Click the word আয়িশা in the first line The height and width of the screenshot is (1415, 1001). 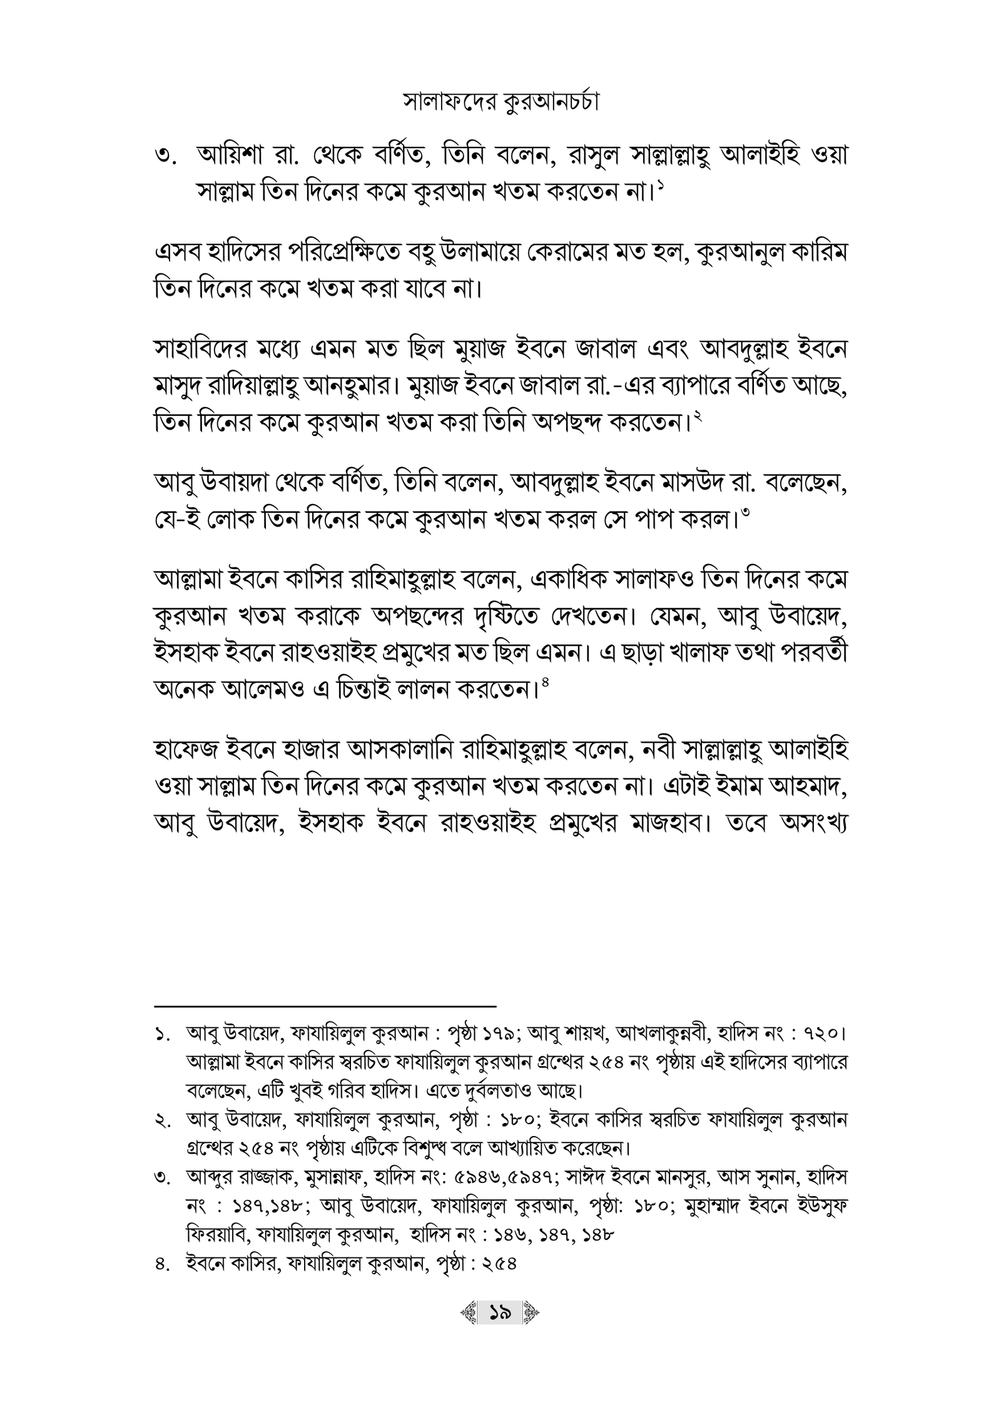231,156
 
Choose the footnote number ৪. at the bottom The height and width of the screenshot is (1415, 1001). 164,1264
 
